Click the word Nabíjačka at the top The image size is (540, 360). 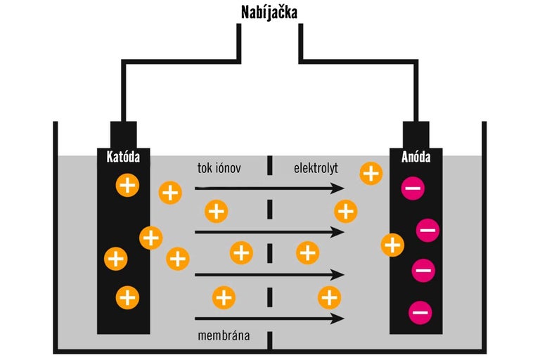coord(270,12)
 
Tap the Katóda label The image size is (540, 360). coord(124,157)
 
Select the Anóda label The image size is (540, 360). coord(415,157)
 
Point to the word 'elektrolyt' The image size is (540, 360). coord(316,169)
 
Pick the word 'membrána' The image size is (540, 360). coord(223,332)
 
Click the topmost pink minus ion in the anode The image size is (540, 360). coord(412,188)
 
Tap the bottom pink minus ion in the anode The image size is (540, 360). coord(420,311)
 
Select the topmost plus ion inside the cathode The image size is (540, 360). coord(127,186)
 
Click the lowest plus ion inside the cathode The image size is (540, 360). coord(127,297)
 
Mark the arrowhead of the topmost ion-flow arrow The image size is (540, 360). coord(339,188)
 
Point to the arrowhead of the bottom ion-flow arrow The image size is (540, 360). coord(339,319)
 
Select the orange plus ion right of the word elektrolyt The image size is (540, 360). coord(371,172)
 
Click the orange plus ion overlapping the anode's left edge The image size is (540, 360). coord(392,245)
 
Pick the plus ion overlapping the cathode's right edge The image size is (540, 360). coord(150,238)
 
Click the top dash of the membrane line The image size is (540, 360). coord(270,167)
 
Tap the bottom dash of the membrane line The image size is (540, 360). coord(270,340)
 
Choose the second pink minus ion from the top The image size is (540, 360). coord(428,229)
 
